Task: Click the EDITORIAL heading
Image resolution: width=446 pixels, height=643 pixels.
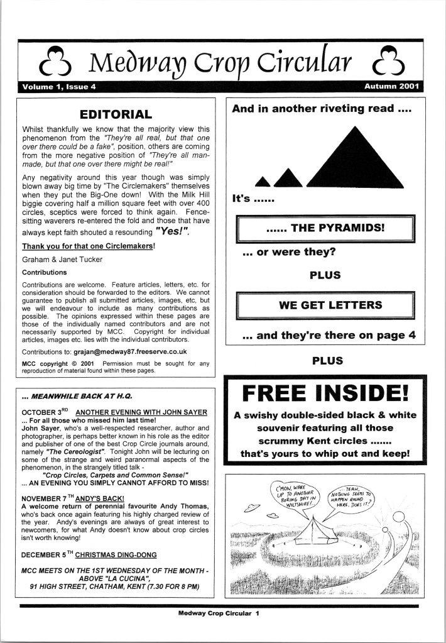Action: tap(116, 114)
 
